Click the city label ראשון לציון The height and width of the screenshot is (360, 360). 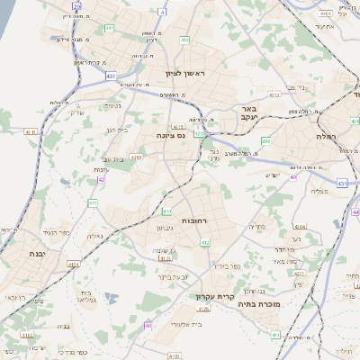(186, 73)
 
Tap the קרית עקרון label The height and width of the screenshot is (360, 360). (215, 295)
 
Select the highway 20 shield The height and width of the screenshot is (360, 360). (77, 6)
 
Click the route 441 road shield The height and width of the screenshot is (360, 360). (108, 29)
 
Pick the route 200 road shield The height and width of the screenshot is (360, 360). (265, 141)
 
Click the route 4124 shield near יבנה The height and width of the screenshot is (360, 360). (74, 265)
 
